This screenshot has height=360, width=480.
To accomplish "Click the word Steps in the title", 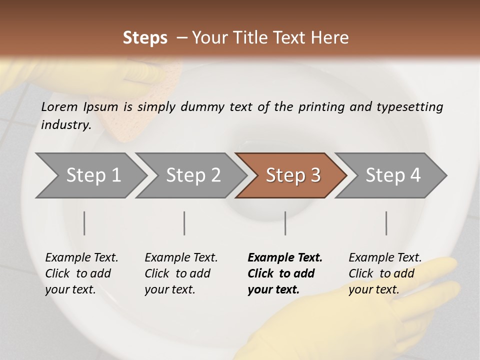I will click(145, 38).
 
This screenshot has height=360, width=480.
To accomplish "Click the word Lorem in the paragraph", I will click(59, 106).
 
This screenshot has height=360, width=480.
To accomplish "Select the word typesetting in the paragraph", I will click(409, 106).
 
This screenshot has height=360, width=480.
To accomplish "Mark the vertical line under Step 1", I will click(84, 223).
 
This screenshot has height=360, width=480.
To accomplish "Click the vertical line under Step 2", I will click(184, 223).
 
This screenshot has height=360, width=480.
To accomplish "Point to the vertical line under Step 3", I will click(285, 223).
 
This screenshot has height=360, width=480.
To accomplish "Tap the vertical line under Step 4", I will click(386, 223).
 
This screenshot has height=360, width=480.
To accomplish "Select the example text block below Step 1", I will click(81, 273).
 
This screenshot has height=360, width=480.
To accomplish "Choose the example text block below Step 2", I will click(181, 273).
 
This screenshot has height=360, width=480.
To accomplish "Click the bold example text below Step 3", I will click(285, 273).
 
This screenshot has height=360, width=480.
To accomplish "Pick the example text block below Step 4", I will click(385, 273).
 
